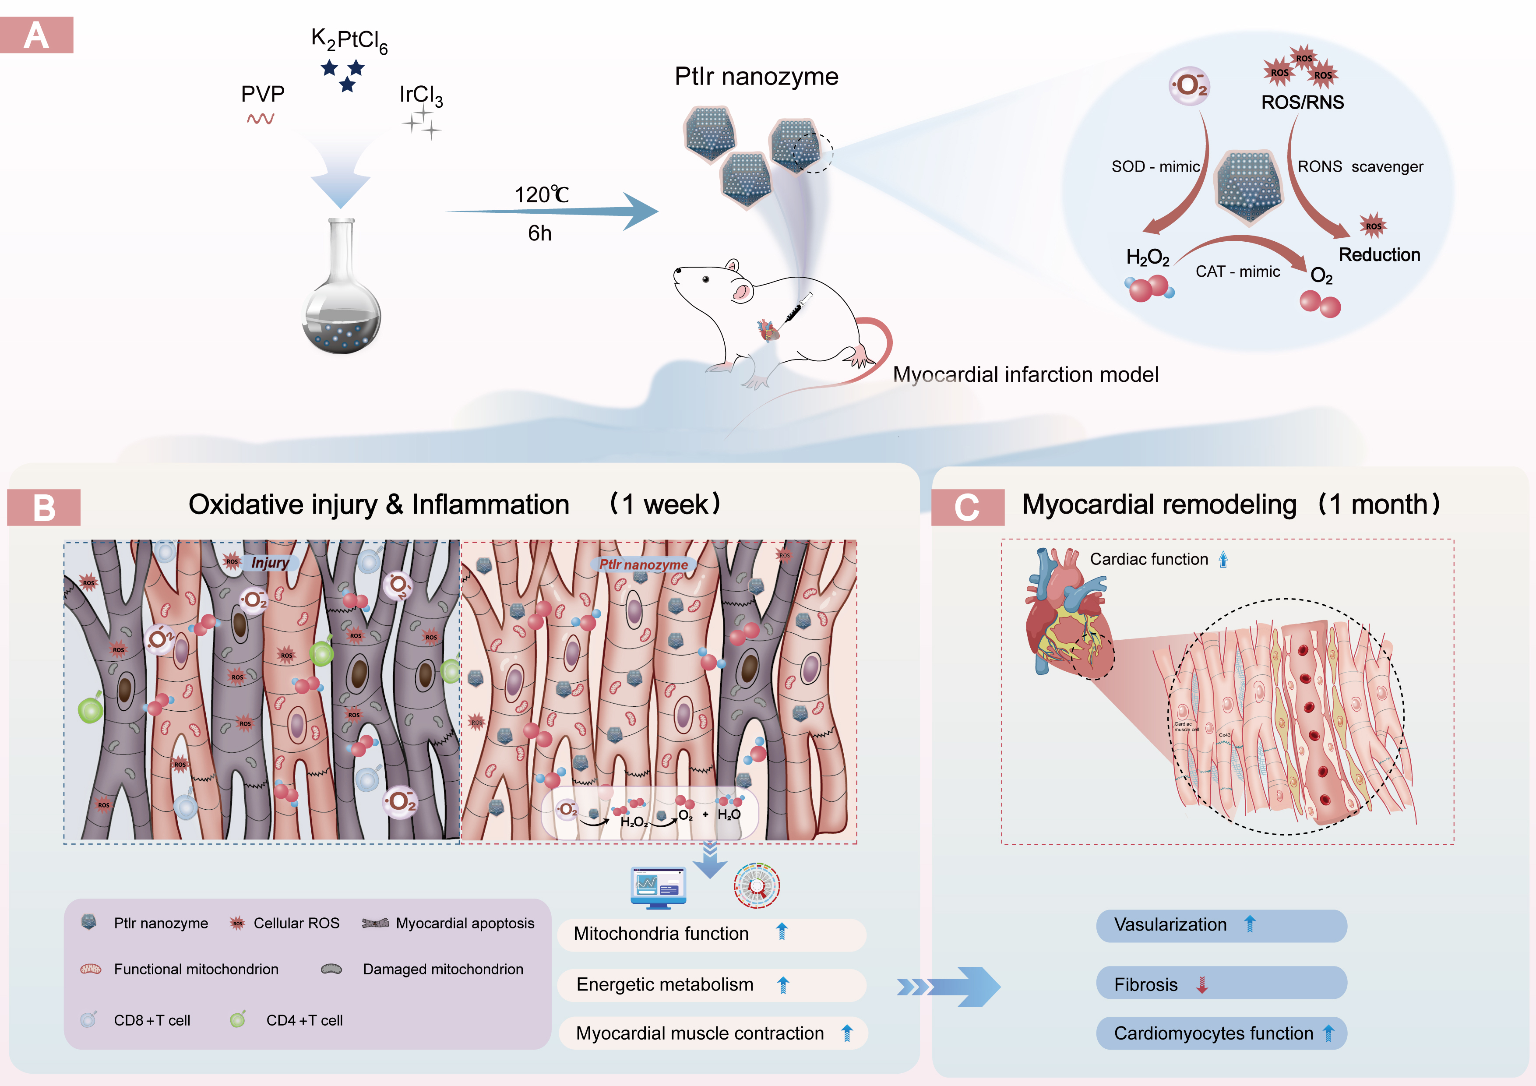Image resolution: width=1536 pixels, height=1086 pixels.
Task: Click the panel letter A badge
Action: (x=36, y=35)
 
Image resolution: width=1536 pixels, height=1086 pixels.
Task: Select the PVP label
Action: (x=262, y=94)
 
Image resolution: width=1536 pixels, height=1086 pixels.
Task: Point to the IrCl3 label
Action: (x=420, y=95)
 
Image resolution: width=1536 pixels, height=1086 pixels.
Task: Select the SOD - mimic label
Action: (x=1156, y=166)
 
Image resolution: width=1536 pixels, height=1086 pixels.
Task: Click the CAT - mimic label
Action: (x=1238, y=271)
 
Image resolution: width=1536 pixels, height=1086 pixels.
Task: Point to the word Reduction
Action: (x=1379, y=255)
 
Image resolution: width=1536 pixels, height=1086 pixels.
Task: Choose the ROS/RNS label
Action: (x=1302, y=102)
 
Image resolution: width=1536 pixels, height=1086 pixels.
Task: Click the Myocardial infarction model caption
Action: (x=1025, y=375)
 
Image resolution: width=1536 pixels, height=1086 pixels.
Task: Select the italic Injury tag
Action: (x=270, y=563)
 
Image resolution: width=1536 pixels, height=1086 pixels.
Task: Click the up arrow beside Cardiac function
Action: (x=1223, y=559)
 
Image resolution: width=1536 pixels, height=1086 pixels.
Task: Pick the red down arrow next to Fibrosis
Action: (x=1201, y=985)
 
